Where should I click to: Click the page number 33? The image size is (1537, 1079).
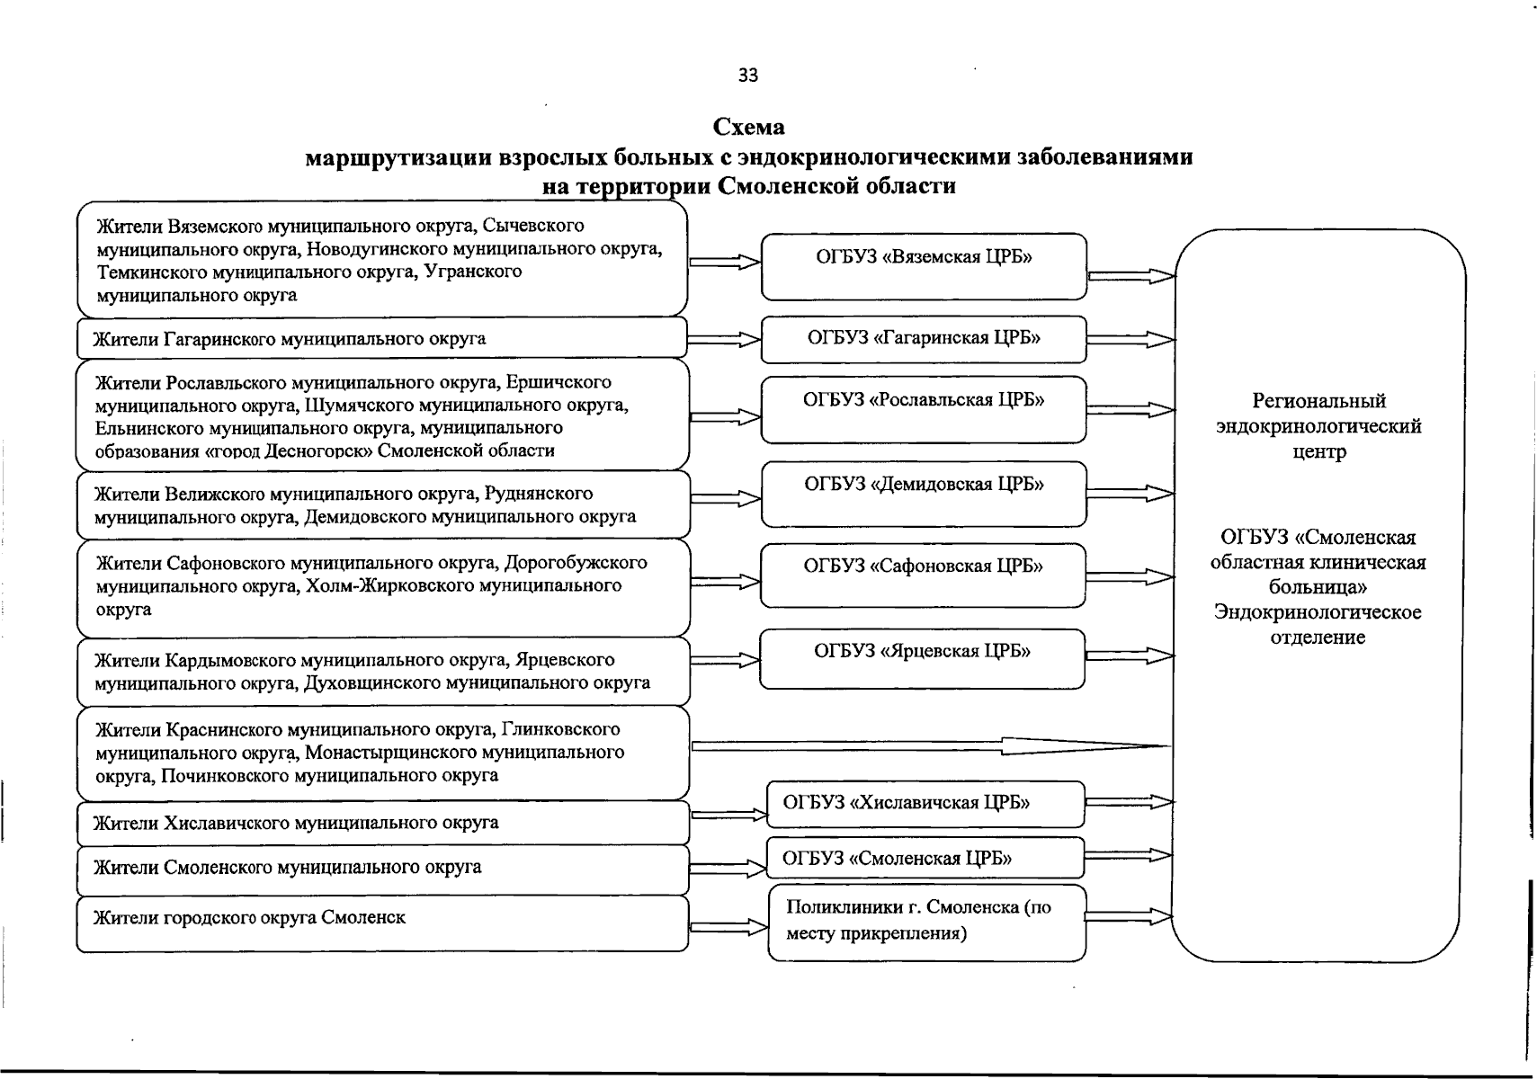click(747, 76)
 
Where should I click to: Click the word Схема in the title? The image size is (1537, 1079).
click(748, 127)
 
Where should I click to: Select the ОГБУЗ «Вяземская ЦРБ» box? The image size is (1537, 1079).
click(924, 266)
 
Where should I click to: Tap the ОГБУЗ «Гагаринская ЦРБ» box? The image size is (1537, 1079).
click(924, 338)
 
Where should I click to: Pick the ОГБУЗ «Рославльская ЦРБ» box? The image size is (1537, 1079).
click(924, 409)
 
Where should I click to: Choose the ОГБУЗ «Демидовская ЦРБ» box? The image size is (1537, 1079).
click(924, 494)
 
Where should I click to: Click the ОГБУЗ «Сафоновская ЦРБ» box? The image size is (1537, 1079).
click(924, 575)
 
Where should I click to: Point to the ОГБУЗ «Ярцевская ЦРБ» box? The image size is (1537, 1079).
click(923, 659)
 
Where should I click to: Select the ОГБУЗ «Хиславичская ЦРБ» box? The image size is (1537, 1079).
click(925, 803)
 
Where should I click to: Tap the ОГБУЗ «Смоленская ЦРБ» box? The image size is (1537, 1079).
click(925, 858)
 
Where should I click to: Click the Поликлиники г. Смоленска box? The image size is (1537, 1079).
click(926, 922)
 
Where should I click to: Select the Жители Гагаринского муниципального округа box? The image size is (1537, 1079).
click(382, 339)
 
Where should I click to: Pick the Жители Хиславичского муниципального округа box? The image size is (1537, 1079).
click(382, 823)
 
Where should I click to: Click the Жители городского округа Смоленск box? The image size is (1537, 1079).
click(382, 923)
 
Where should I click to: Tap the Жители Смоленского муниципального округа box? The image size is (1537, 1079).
click(382, 869)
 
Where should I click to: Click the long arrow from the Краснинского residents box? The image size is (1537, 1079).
click(931, 745)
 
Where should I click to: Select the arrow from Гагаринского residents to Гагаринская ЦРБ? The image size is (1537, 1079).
click(725, 340)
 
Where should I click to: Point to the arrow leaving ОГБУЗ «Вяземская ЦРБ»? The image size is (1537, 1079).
click(1130, 276)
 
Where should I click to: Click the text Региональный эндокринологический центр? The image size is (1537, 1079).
click(1318, 426)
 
